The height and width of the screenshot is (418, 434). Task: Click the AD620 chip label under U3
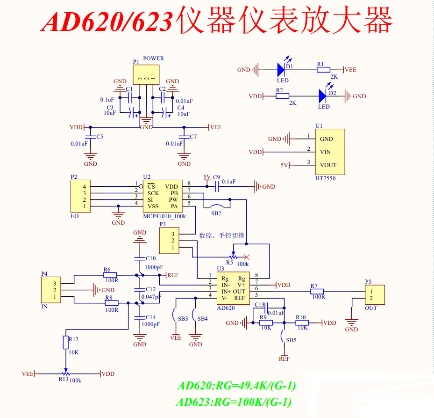pos(226,308)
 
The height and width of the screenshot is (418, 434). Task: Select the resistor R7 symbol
pos(317,292)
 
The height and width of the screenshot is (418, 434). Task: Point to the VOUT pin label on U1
pos(328,165)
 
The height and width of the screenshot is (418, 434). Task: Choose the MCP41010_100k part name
pos(164,216)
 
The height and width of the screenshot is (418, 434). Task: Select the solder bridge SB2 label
pos(216,213)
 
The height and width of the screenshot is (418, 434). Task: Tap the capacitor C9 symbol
pos(217,187)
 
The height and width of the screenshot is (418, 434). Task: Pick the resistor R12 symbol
pos(65,342)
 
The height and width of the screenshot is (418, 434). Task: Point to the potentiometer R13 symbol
pos(66,374)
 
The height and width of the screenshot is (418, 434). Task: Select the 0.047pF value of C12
pos(151,297)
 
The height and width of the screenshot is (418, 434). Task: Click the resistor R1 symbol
pos(323,70)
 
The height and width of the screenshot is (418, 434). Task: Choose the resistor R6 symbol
pos(111,275)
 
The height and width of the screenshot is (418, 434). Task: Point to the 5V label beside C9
pos(207,177)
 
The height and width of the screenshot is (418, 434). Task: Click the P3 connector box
pos(169,241)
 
